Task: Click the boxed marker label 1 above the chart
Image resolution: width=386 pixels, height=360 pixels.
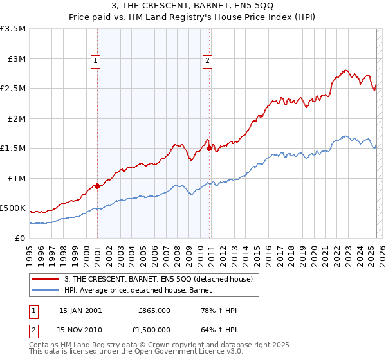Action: click(x=95, y=62)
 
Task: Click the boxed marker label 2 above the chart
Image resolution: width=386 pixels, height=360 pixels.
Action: click(x=208, y=62)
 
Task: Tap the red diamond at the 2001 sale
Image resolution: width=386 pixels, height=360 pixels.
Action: click(x=97, y=186)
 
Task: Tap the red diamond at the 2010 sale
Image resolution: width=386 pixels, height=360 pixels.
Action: click(x=210, y=148)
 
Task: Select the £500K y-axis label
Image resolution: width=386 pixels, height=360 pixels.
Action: click(x=14, y=208)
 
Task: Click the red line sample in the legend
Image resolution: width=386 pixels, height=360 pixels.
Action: click(x=44, y=278)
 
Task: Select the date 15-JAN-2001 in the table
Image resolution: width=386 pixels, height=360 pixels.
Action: click(x=80, y=310)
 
